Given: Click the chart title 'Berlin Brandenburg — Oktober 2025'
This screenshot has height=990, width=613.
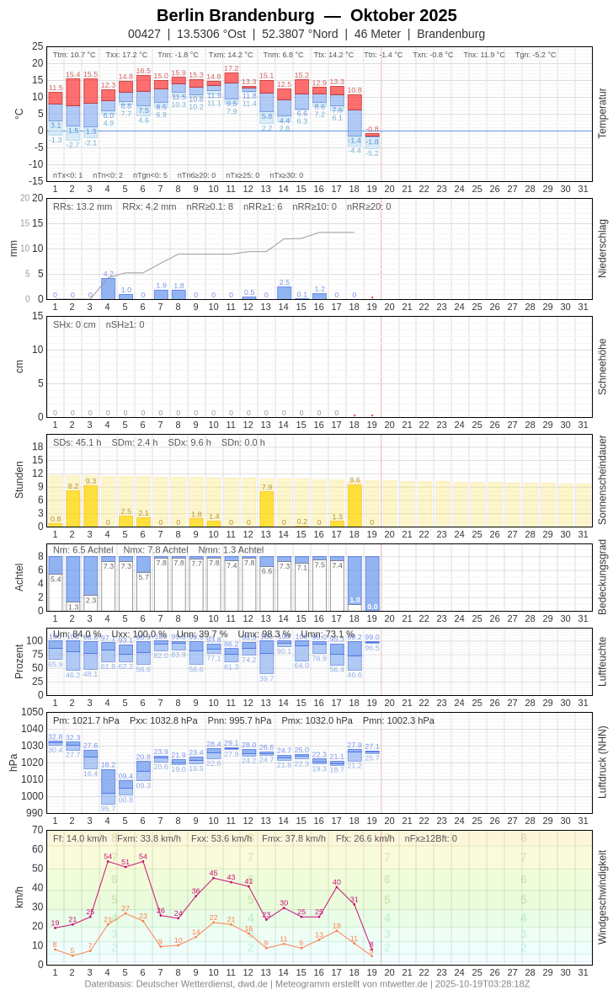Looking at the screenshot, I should coord(306,15).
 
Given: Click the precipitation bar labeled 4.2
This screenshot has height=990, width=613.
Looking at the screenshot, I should coord(108,288).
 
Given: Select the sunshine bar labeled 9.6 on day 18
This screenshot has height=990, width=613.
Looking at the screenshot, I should coord(354,506).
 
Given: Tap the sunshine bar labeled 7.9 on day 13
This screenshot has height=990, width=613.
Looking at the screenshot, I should coord(267,509).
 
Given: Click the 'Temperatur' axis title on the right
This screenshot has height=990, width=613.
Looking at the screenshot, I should coord(602,114).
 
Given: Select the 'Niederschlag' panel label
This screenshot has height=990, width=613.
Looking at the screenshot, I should coord(602,249).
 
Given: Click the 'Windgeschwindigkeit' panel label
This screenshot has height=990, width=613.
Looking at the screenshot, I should coord(602,896).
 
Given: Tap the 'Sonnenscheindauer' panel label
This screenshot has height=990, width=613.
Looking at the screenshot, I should coord(602,480).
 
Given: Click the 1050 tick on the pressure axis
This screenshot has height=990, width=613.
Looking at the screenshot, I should coord(32,712).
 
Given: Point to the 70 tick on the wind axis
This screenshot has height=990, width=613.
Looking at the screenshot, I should coord(37,830).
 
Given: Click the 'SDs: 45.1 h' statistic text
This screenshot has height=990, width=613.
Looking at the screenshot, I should coord(77,442).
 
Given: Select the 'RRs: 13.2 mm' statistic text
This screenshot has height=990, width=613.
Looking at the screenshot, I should coord(83,206).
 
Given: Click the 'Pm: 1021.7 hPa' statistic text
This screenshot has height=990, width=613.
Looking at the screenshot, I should coord(86,720).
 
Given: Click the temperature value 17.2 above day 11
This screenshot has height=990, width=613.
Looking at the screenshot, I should coord(232,68).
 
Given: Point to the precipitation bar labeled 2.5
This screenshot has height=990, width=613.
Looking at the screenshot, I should coord(285,293).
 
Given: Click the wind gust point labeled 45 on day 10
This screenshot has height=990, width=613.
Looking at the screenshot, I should coord(214,878).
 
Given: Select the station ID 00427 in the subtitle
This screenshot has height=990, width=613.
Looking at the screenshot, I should coord(144,34).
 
